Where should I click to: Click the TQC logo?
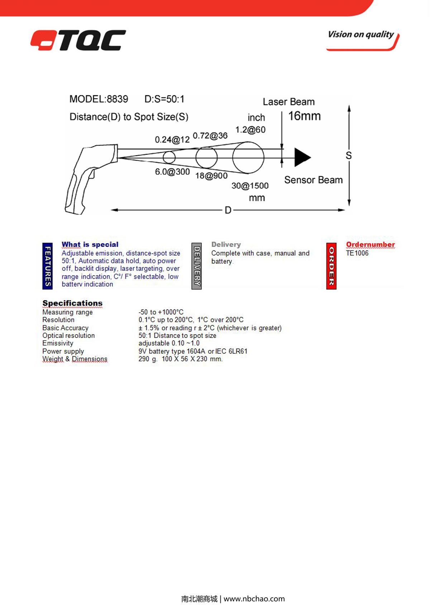(78, 40)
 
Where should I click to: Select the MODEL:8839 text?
(99, 99)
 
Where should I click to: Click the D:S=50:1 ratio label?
(164, 99)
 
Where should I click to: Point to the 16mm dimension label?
(304, 116)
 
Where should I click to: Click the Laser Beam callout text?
(288, 102)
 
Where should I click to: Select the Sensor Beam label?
(313, 180)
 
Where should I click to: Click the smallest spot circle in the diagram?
(169, 157)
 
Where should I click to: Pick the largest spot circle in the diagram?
(248, 157)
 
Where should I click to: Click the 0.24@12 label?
(172, 140)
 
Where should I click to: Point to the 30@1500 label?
(250, 186)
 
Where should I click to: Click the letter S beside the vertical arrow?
(349, 155)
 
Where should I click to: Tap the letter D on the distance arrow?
(228, 210)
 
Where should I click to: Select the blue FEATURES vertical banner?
(47, 266)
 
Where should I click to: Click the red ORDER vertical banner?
(331, 266)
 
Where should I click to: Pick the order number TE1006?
(357, 253)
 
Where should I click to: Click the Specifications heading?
(72, 303)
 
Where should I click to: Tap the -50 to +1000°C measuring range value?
(161, 312)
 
